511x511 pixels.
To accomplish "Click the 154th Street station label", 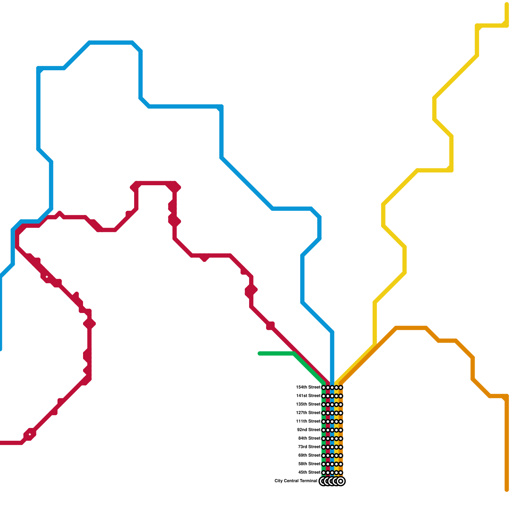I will (308, 387).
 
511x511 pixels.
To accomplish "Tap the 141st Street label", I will (308, 396).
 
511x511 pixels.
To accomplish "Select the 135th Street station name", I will (308, 404).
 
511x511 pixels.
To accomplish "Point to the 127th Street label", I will (308, 413).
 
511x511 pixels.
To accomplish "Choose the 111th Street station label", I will (308, 421).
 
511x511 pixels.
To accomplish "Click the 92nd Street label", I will (309, 430).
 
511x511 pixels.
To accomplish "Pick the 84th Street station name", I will (309, 439).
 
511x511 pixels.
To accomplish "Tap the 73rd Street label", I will (309, 447).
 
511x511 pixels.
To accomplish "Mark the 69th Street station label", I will (309, 455).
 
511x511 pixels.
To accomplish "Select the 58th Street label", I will (309, 464).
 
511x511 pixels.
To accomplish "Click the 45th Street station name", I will (309, 472).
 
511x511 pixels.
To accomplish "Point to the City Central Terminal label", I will (296, 481).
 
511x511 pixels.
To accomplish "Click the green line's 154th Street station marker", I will (324, 387).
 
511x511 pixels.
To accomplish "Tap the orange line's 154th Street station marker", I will (341, 387).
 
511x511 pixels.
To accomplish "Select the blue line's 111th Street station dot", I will (332, 422).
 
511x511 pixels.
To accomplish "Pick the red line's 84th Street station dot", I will (328, 439).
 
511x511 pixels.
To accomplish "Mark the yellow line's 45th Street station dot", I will (336, 473).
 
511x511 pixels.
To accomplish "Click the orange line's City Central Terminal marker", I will (341, 481).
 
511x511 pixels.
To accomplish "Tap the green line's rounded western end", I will (259, 354).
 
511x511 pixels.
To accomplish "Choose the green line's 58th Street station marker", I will (324, 464).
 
